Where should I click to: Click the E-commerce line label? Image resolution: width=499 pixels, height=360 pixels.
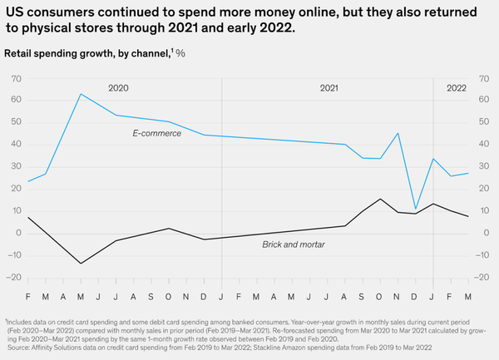157,133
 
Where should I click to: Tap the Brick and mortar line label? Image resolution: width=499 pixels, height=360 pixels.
294,244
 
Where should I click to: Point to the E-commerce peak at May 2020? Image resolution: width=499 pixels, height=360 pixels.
81,94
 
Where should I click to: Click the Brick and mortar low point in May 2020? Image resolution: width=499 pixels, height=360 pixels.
81,264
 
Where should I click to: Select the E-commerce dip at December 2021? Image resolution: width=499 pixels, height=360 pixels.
415,209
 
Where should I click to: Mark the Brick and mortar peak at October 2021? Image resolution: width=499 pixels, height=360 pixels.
380,199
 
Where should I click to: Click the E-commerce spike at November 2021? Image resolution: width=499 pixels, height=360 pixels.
398,133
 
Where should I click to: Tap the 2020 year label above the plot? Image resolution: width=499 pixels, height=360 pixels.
118,88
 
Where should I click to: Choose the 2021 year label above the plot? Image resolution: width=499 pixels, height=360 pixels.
329,88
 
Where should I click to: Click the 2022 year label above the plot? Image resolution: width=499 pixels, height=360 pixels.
457,88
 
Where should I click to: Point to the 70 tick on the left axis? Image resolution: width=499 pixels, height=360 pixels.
16,79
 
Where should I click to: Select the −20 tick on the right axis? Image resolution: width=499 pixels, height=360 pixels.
482,278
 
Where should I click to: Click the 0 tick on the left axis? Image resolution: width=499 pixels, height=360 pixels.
18,233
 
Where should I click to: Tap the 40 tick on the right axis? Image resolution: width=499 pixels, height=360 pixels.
484,144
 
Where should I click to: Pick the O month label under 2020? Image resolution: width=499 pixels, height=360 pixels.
168,297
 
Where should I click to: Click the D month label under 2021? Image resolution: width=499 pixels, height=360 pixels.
414,297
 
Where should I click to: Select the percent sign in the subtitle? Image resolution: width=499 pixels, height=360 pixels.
180,53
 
